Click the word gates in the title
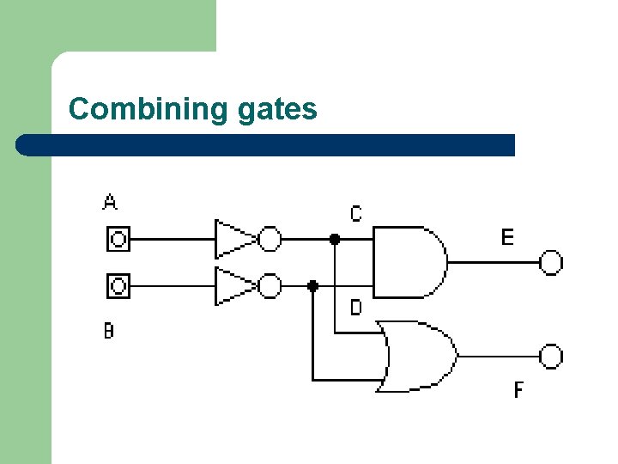pyautogui.click(x=276, y=110)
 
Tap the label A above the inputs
pyautogui.click(x=110, y=202)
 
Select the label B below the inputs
pyautogui.click(x=109, y=330)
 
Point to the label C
pyautogui.click(x=356, y=212)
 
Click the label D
pyautogui.click(x=356, y=307)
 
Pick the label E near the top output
pyautogui.click(x=507, y=236)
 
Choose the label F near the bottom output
pyautogui.click(x=518, y=390)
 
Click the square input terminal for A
pyautogui.click(x=118, y=239)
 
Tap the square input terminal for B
pyautogui.click(x=118, y=284)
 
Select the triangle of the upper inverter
pyautogui.click(x=233, y=239)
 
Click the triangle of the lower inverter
pyautogui.click(x=233, y=285)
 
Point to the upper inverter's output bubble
pyautogui.click(x=270, y=239)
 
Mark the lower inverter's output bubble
pyautogui.click(x=270, y=285)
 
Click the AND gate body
pyautogui.click(x=409, y=262)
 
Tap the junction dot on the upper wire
pyautogui.click(x=335, y=240)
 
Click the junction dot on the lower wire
pyautogui.click(x=313, y=285)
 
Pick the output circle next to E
pyautogui.click(x=551, y=262)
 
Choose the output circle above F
pyautogui.click(x=551, y=355)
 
